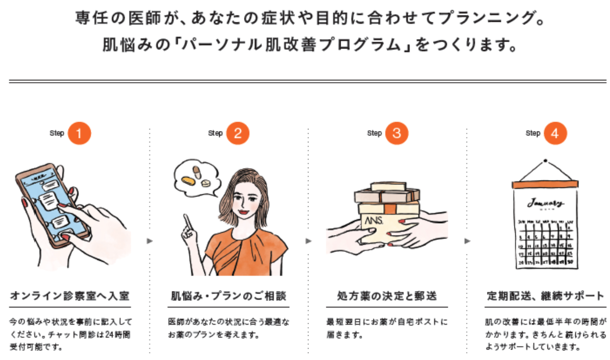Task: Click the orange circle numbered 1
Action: (79, 133)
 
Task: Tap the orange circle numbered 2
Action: (238, 133)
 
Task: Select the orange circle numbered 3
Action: (397, 133)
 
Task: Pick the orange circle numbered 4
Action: (555, 133)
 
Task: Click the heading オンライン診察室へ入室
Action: (70, 297)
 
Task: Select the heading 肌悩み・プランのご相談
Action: (228, 297)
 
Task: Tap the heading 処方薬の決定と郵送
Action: (387, 297)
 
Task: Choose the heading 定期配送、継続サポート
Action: (546, 297)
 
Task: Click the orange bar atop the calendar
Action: (545, 184)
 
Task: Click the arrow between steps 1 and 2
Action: (150, 241)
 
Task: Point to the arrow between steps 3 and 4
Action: (467, 241)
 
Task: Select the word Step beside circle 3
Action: (374, 133)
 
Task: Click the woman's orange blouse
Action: (245, 253)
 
